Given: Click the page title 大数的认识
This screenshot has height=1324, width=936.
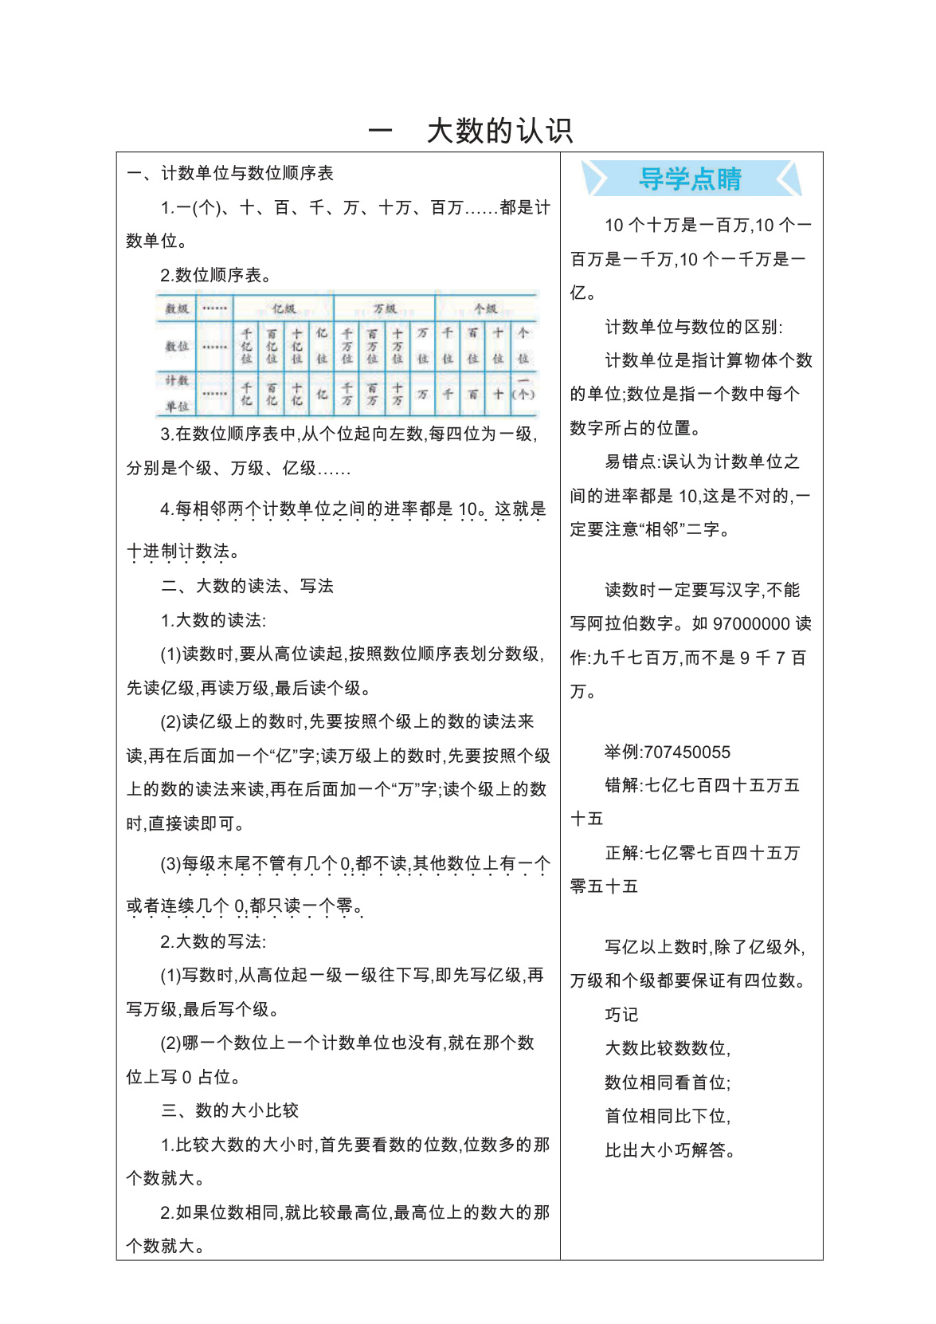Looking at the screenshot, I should (x=499, y=131).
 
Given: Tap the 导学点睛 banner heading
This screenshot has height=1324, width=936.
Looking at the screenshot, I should (x=690, y=179).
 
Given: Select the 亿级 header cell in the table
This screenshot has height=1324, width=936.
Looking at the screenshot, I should (x=283, y=308).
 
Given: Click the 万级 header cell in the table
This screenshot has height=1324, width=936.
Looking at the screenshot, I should (x=384, y=308).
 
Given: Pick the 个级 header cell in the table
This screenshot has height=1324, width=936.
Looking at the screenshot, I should (x=485, y=308).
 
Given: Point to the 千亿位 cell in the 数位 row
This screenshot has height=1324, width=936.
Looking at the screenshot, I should (x=246, y=346).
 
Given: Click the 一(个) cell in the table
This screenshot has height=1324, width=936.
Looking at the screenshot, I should (x=523, y=392).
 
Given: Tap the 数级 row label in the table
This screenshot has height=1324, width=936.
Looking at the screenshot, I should (x=176, y=308).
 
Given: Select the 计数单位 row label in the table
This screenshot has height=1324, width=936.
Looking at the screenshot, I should (x=176, y=393).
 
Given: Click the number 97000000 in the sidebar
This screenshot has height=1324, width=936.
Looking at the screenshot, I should (x=751, y=623).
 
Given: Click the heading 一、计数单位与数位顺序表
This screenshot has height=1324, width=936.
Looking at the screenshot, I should (x=230, y=173).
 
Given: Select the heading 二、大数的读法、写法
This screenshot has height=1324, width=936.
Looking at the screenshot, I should (x=247, y=586).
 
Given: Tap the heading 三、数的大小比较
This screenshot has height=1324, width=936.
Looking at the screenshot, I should (x=229, y=1110).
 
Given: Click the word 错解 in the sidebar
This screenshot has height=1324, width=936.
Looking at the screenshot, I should (x=622, y=785).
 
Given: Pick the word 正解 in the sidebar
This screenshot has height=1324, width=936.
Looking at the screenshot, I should (x=622, y=853).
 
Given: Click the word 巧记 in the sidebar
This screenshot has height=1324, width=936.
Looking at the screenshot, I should (x=621, y=1015).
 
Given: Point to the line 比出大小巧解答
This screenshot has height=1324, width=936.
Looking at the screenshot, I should (x=669, y=1150).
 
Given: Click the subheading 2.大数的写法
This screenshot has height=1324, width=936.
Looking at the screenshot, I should (x=213, y=941).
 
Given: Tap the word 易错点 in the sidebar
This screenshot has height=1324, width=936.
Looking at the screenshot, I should (x=631, y=462).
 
